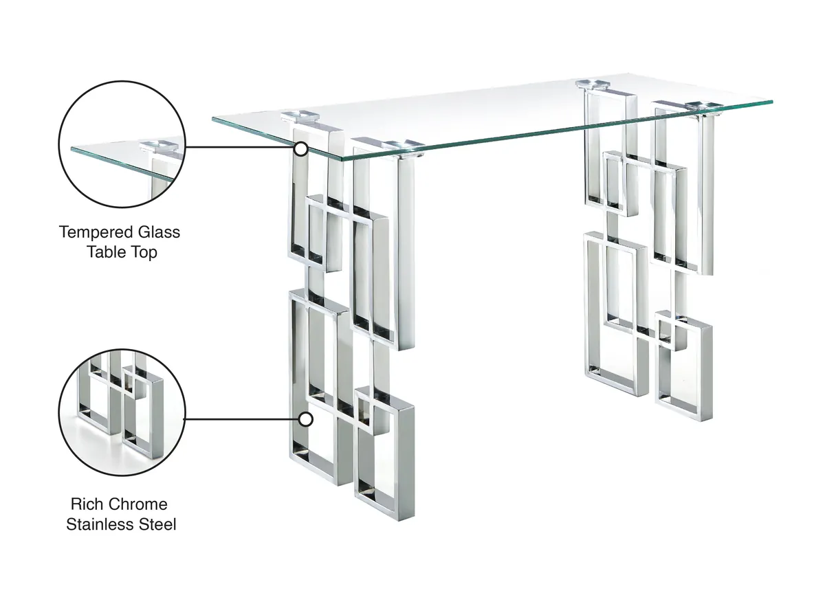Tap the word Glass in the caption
tap(159, 232)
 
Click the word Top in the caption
tap(144, 252)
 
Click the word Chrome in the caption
tap(137, 504)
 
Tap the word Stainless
tap(100, 525)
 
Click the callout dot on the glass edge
tap(300, 148)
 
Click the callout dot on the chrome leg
tap(306, 418)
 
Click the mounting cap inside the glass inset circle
tap(159, 145)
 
